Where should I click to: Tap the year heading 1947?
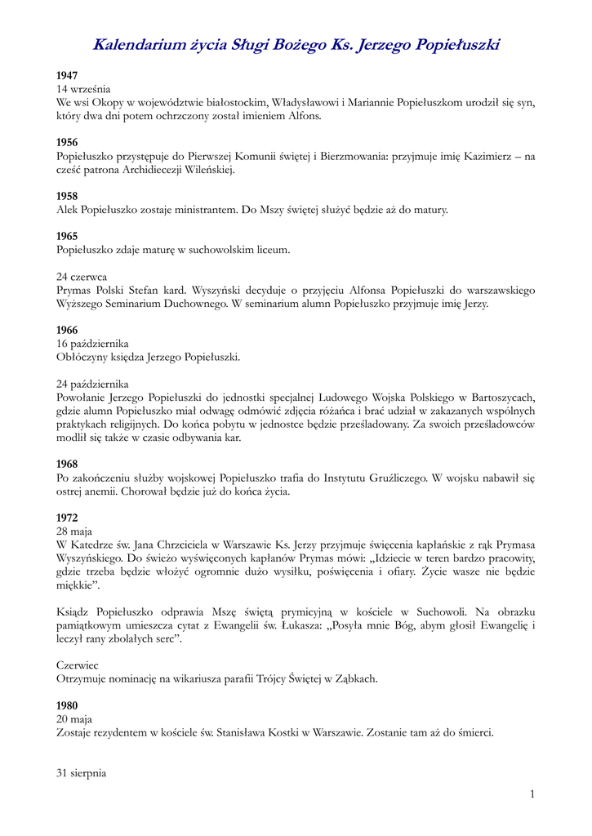tap(67, 75)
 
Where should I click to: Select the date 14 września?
tap(83, 88)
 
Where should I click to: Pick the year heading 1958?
tap(67, 196)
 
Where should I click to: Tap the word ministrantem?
tap(203, 210)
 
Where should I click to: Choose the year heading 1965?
tap(67, 236)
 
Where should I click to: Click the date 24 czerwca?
tap(82, 277)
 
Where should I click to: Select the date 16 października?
tap(92, 344)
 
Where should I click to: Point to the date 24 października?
tap(92, 384)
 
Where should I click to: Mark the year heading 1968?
tap(67, 464)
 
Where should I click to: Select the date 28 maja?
tap(74, 531)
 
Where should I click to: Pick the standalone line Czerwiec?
tap(77, 665)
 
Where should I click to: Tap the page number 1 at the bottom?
tap(532, 794)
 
